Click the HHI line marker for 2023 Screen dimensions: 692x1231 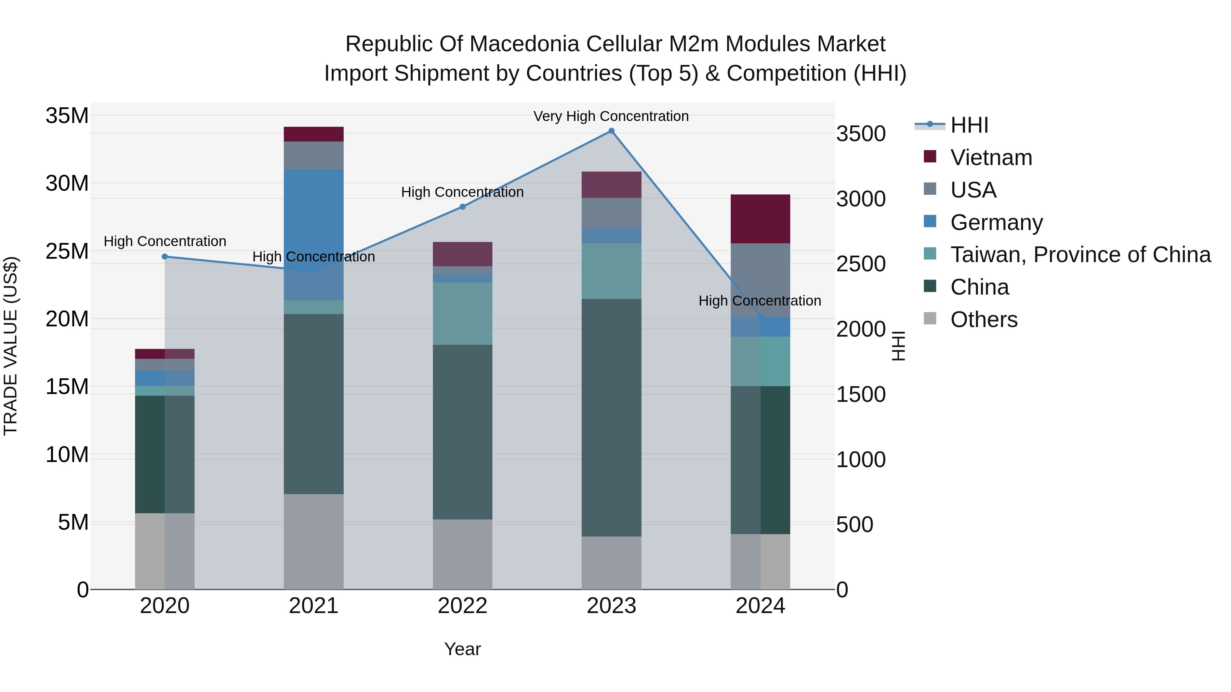611,131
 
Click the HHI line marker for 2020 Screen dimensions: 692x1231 165,256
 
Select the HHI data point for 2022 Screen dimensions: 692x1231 463,207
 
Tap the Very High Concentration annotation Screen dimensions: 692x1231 611,116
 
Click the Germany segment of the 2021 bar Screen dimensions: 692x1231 314,234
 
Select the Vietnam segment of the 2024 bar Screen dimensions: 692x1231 760,219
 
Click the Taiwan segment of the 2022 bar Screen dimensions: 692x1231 463,313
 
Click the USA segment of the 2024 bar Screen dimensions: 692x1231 760,280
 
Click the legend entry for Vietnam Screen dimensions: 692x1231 991,158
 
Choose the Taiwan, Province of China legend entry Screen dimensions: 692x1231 1080,255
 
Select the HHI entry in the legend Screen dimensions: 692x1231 969,125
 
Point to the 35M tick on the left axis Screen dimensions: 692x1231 67,116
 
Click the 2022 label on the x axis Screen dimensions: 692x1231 463,606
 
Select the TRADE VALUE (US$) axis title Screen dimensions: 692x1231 11,346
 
